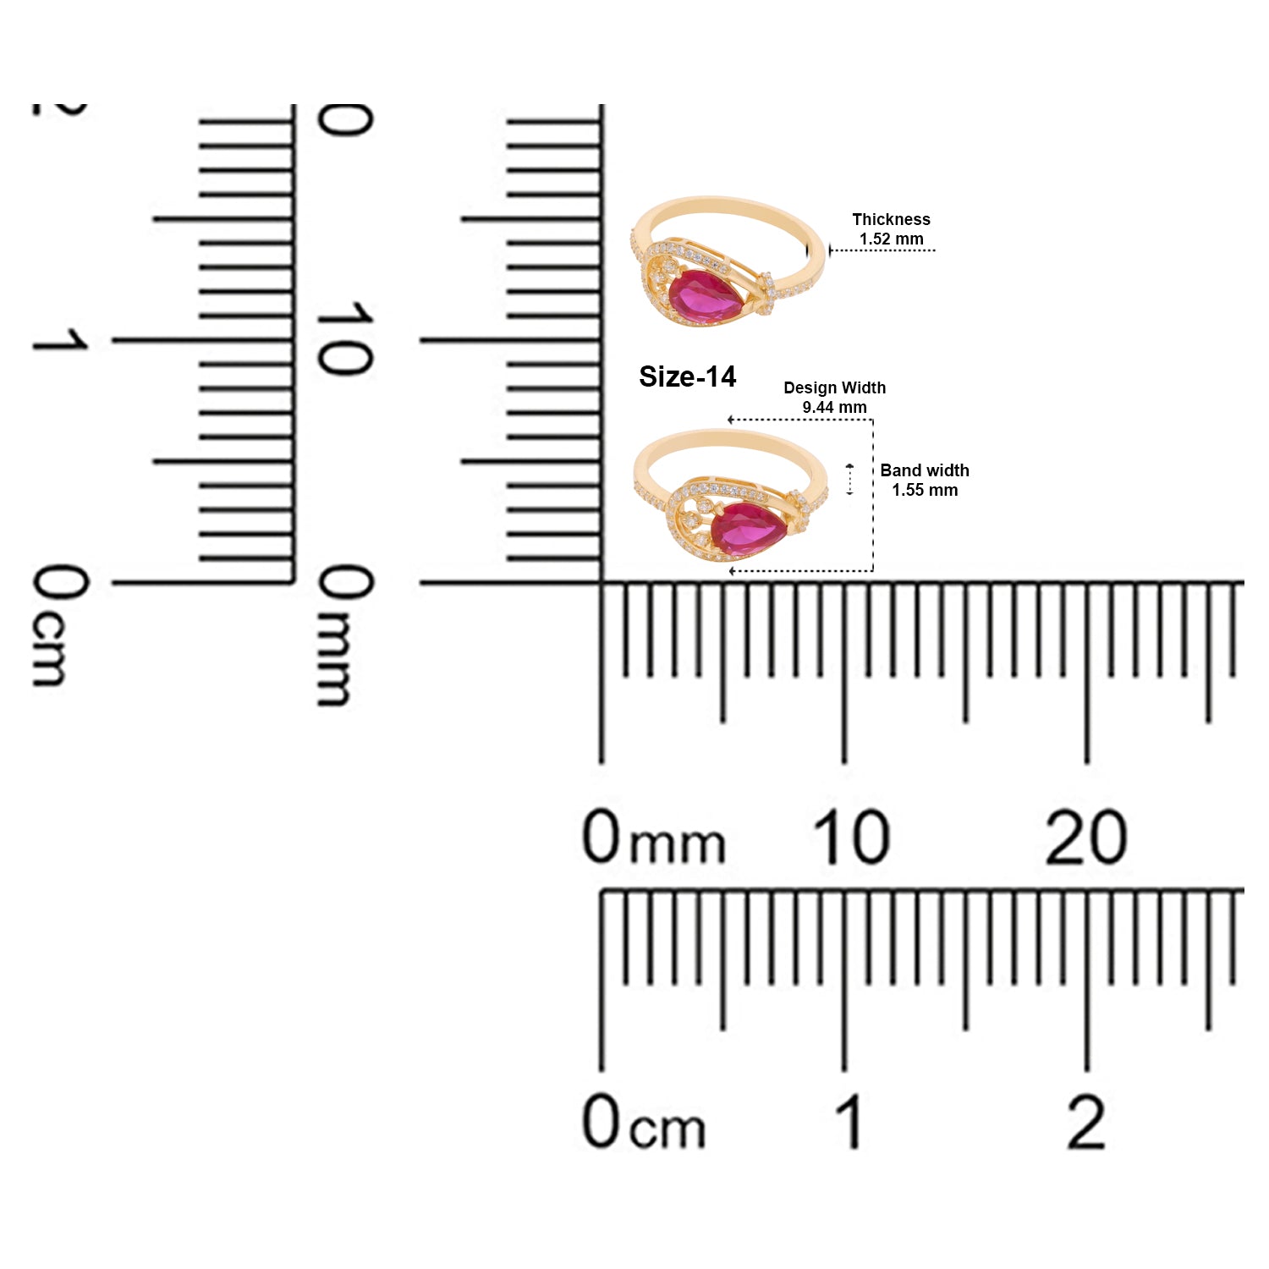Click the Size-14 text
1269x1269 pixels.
click(x=687, y=376)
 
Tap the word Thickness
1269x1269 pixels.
click(x=891, y=219)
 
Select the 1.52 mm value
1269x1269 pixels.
click(x=891, y=239)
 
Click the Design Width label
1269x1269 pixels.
click(x=834, y=387)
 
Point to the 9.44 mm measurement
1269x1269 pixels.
click(x=834, y=407)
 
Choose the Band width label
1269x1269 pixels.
click(x=925, y=470)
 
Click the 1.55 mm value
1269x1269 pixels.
click(x=925, y=490)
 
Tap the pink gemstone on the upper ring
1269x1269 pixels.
click(x=706, y=295)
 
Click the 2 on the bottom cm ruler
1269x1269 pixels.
click(x=1086, y=1121)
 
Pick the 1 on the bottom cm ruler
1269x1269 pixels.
click(x=850, y=1121)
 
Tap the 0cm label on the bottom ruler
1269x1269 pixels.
click(x=643, y=1121)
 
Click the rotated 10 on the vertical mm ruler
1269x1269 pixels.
click(x=343, y=338)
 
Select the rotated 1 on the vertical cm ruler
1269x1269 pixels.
click(x=59, y=340)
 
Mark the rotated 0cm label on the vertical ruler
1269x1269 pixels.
click(x=59, y=625)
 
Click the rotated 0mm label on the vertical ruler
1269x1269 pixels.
click(x=343, y=635)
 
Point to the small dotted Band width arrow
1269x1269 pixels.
click(x=850, y=480)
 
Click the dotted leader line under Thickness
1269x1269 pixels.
click(x=882, y=250)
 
